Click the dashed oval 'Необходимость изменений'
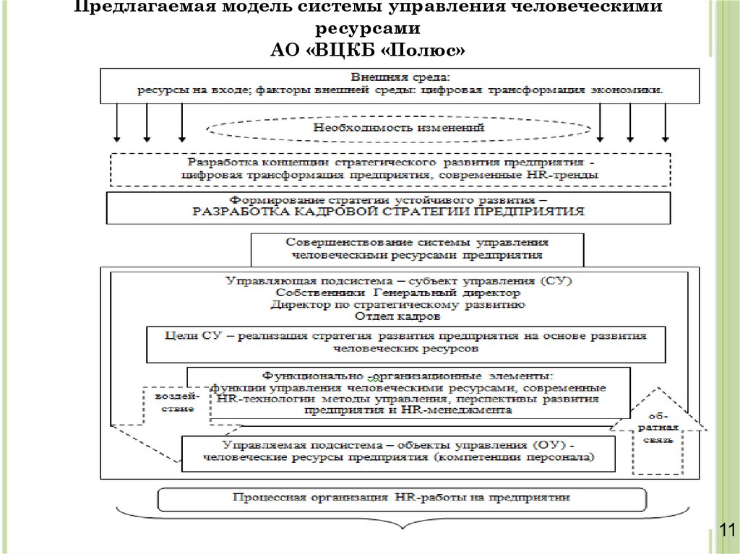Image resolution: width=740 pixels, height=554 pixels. click(x=398, y=128)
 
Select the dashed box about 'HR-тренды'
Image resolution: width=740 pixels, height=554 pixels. click(x=400, y=169)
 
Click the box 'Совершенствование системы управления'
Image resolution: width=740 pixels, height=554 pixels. click(x=418, y=249)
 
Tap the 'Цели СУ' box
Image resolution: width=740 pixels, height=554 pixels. click(x=405, y=342)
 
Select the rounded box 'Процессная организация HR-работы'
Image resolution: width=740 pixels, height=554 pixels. click(x=402, y=498)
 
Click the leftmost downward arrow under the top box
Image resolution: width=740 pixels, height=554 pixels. click(x=116, y=122)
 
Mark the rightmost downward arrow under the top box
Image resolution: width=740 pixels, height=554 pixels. click(x=663, y=122)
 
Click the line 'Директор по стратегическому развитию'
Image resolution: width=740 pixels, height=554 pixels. click(x=397, y=304)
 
